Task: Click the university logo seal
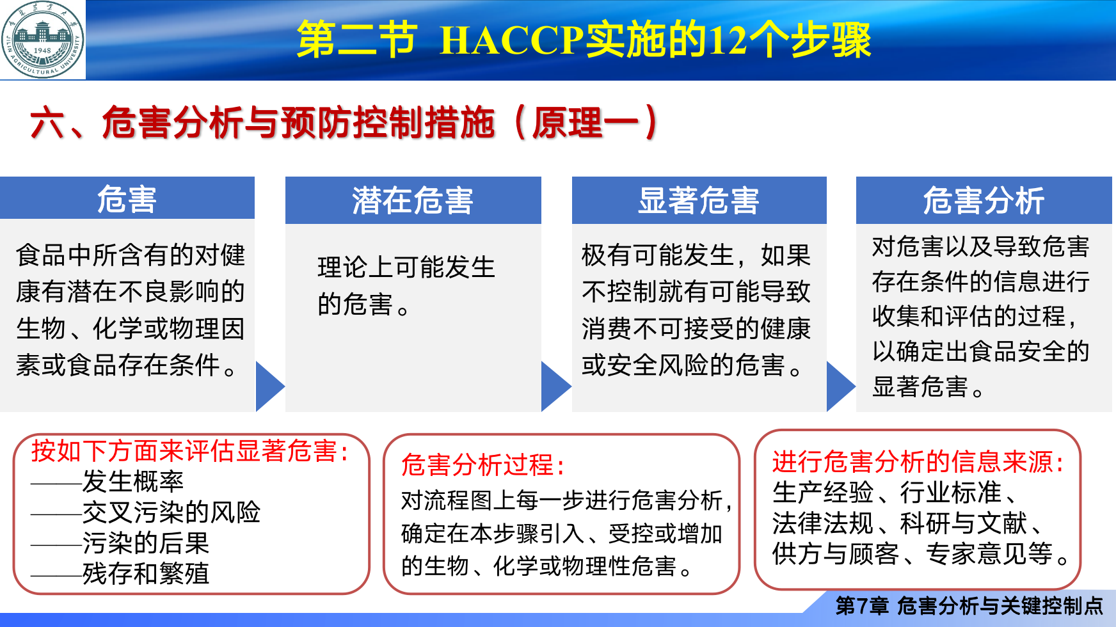pos(42,40)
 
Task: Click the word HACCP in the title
pos(511,40)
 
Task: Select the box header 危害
pos(127,199)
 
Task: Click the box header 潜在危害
pos(413,200)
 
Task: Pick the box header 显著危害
pos(699,200)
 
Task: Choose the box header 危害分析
pos(984,200)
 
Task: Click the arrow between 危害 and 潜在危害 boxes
pos(269,386)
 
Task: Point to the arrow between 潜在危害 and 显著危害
pos(555,386)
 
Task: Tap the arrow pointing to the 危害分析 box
pos(841,386)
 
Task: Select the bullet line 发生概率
pos(108,481)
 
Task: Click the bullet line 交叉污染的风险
pos(146,512)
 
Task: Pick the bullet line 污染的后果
pos(120,543)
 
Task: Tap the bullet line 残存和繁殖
pos(120,573)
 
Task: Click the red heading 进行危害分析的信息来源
pos(919,461)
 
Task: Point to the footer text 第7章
pos(862,605)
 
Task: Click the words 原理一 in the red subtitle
pos(568,122)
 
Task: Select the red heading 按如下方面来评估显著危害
pos(191,450)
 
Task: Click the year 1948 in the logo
pos(42,50)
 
